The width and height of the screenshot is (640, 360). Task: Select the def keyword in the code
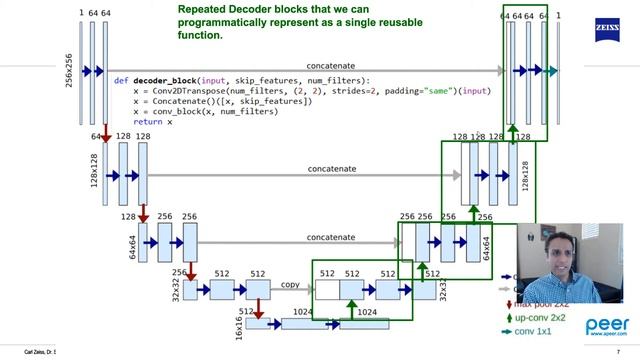pos(120,80)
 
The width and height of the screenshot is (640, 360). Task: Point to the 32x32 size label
pos(176,288)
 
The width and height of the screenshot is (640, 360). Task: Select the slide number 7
pos(632,353)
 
